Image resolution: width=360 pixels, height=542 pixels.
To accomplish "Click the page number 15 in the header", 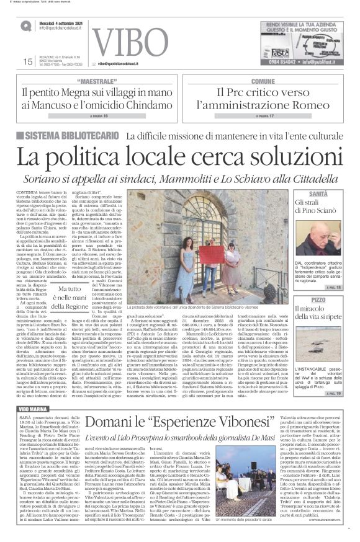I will pyautogui.click(x=27, y=62).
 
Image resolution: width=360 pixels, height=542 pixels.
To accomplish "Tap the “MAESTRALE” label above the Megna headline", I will pyautogui.click(x=101, y=82).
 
